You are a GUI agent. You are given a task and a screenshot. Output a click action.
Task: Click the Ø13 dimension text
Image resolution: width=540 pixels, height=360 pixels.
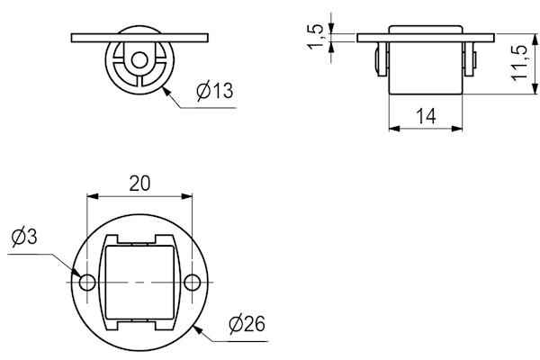pos(213,91)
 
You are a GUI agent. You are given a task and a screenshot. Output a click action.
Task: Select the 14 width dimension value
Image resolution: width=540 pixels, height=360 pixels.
pos(427,114)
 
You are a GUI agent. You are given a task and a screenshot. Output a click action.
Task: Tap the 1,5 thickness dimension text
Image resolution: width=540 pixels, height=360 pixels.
pos(314,37)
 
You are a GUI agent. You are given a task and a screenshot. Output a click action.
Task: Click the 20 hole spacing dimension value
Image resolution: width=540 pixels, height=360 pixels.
pos(139,183)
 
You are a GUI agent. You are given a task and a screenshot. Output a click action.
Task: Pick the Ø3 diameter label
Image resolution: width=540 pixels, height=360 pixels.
pos(24,238)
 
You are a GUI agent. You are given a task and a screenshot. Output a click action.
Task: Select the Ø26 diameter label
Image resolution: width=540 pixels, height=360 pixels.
pos(246,324)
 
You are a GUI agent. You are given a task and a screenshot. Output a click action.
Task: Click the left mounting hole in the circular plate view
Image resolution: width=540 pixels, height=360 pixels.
pos(87,283)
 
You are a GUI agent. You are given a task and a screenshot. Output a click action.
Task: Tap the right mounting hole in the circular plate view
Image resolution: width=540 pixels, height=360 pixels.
pos(192,283)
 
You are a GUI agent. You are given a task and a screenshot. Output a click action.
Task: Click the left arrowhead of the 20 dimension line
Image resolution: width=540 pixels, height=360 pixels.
pos(90,195)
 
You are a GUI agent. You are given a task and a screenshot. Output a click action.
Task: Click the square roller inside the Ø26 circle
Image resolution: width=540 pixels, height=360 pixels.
pos(139,282)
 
